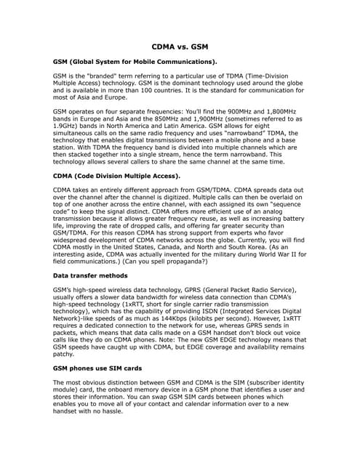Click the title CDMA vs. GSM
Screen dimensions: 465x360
coord(180,45)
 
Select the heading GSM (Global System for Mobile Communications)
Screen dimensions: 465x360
coord(135,62)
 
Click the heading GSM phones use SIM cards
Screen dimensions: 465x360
coord(103,368)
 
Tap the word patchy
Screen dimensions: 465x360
coord(65,355)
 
